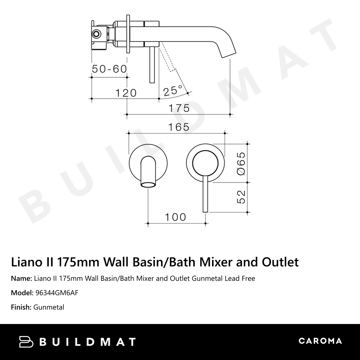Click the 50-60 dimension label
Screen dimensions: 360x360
(x=109, y=69)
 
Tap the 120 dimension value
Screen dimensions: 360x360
(x=126, y=93)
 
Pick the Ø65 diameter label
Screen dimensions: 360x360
(x=241, y=163)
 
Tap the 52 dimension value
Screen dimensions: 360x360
(x=241, y=197)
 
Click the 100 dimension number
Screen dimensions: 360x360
(x=176, y=217)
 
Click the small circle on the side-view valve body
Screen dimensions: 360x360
(x=96, y=34)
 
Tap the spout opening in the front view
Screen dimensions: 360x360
(x=148, y=185)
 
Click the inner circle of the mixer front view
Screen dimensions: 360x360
(x=205, y=164)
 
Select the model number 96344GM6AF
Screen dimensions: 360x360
(x=56, y=293)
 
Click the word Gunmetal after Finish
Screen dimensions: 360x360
(x=49, y=307)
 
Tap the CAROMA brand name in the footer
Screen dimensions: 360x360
(x=320, y=341)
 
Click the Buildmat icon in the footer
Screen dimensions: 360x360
(x=26, y=342)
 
